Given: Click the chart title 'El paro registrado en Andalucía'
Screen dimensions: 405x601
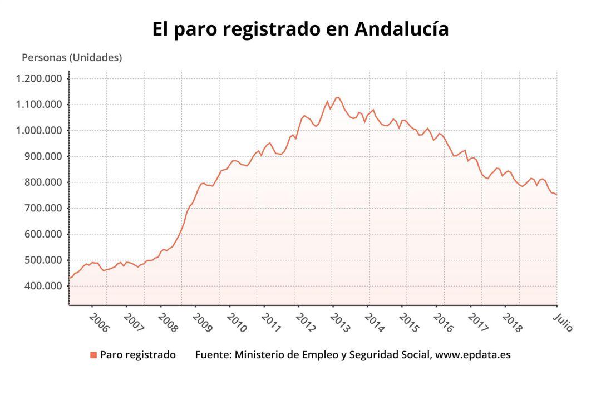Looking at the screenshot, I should pyautogui.click(x=300, y=29).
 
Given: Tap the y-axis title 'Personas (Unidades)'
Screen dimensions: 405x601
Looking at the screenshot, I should pyautogui.click(x=72, y=57).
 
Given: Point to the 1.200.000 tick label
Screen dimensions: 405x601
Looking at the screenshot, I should pyautogui.click(x=39, y=78).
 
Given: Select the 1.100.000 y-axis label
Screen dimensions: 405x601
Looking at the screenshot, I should pyautogui.click(x=39, y=105).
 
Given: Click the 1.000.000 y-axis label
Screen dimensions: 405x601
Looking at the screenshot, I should pyautogui.click(x=39, y=131).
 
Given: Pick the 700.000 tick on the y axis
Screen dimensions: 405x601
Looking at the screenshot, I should pyautogui.click(x=42, y=208).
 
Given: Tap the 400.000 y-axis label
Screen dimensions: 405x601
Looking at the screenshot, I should pyautogui.click(x=42, y=286).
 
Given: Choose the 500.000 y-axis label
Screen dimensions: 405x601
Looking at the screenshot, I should pyautogui.click(x=42, y=260).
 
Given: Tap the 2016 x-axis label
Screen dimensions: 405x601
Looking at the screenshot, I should pyautogui.click(x=444, y=322).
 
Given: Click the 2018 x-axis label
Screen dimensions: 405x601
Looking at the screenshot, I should pyautogui.click(x=512, y=322).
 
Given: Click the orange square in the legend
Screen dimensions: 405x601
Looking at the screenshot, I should pyautogui.click(x=93, y=355).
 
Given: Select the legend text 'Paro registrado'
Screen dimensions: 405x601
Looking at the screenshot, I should pyautogui.click(x=138, y=355).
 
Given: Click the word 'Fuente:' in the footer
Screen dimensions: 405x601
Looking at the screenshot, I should pyautogui.click(x=213, y=355).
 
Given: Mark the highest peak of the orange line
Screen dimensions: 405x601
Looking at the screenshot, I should pyautogui.click(x=338, y=97).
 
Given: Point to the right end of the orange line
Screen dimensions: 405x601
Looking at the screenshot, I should pyautogui.click(x=556, y=195).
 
